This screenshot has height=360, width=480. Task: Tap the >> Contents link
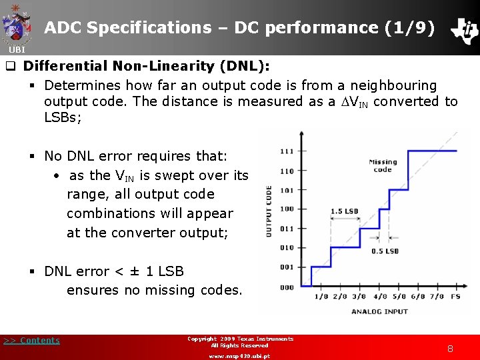pyautogui.click(x=31, y=341)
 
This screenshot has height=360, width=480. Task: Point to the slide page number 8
pyautogui.click(x=450, y=348)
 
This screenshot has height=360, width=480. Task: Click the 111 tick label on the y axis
pyautogui.click(x=287, y=151)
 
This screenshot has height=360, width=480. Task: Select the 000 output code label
pyautogui.click(x=287, y=288)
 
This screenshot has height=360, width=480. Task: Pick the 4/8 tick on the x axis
pyautogui.click(x=380, y=297)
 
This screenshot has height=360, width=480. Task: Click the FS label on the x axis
pyautogui.click(x=455, y=297)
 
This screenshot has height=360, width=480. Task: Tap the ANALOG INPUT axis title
pyautogui.click(x=379, y=311)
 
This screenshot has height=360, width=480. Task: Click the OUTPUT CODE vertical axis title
pyautogui.click(x=269, y=211)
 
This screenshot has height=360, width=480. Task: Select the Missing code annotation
pyautogui.click(x=383, y=165)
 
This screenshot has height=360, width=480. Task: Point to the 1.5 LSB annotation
pyautogui.click(x=344, y=211)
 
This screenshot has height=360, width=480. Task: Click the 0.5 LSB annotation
pyautogui.click(x=385, y=251)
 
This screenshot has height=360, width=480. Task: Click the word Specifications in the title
pyautogui.click(x=148, y=28)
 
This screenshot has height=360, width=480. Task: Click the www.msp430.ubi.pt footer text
pyautogui.click(x=239, y=356)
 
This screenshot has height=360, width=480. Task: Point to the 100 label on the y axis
pyautogui.click(x=287, y=209)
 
